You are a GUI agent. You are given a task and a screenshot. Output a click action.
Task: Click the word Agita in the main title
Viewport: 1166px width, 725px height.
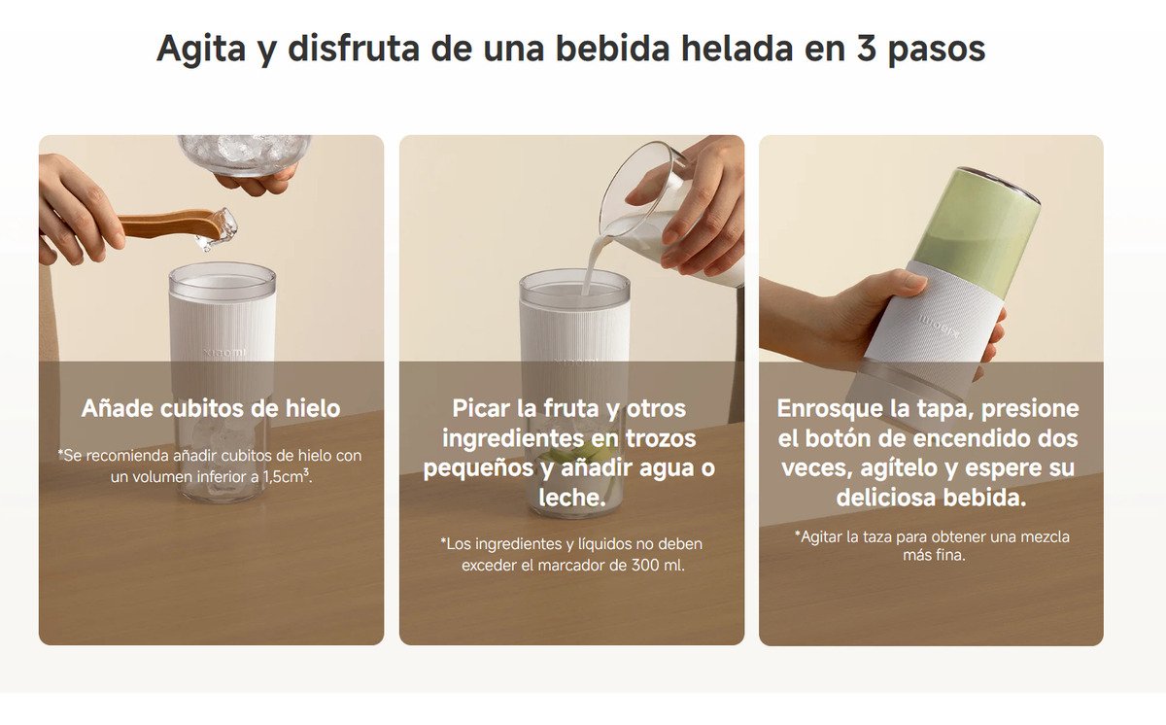201,50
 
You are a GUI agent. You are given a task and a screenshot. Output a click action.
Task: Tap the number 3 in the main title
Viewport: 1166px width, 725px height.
866,48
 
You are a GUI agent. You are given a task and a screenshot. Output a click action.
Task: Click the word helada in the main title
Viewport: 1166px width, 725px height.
737,48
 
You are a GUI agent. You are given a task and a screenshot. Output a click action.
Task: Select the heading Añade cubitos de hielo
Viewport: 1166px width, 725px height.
211,408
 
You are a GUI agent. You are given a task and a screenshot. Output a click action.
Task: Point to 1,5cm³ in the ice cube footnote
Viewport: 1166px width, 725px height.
287,476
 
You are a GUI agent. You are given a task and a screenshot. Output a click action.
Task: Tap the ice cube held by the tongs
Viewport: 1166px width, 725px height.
219,229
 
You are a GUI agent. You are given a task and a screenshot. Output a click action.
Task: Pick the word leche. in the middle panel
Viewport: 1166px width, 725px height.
572,497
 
